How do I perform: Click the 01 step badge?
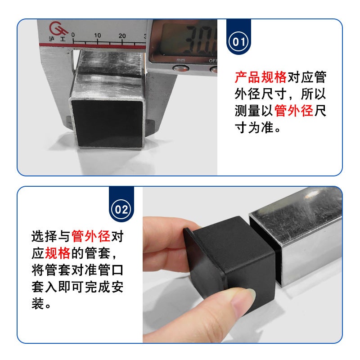[238, 42]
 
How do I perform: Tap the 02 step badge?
[122, 210]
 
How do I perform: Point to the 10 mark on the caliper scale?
[97, 35]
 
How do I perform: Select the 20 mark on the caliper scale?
[122, 35]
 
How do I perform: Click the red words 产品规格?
[261, 77]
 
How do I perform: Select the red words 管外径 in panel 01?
[293, 111]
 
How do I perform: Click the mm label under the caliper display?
[181, 59]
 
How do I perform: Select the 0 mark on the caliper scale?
[73, 35]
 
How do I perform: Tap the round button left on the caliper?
[181, 69]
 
